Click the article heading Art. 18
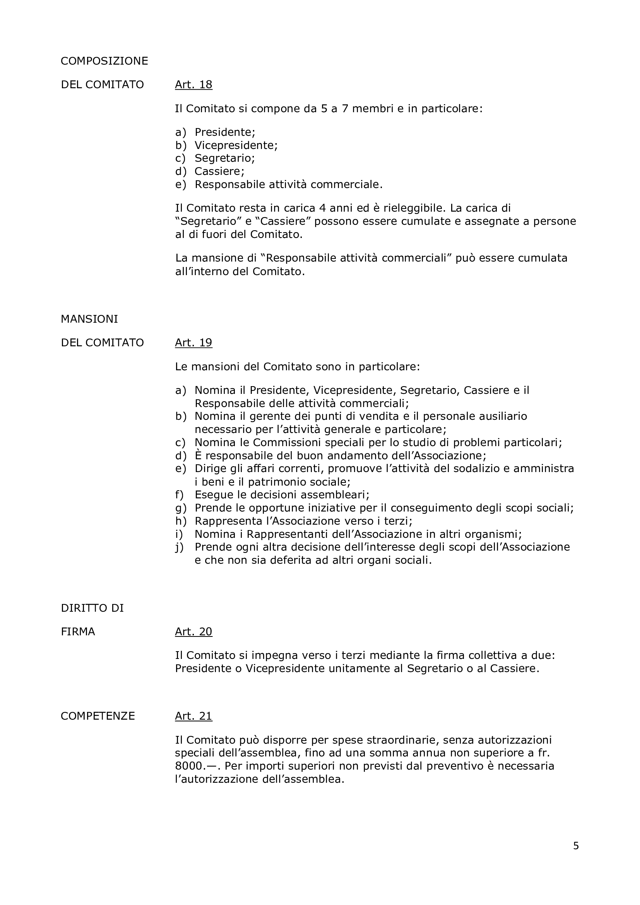click(x=193, y=85)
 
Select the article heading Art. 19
click(x=193, y=342)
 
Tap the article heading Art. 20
click(x=193, y=632)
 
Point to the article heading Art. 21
click(x=193, y=716)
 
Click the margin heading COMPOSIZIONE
click(x=104, y=61)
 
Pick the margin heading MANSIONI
click(x=89, y=319)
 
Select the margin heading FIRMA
click(x=78, y=632)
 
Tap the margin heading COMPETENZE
click(x=98, y=716)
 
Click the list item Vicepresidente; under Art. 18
click(x=236, y=145)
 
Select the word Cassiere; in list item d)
click(x=219, y=171)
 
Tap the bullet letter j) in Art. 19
click(x=180, y=547)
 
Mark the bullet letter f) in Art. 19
click(x=180, y=495)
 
